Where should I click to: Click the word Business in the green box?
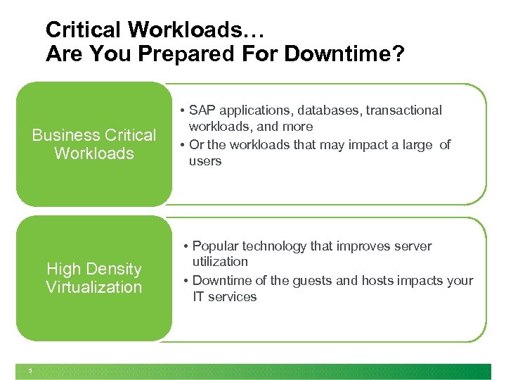(x=66, y=135)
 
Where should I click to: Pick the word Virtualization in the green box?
(x=94, y=287)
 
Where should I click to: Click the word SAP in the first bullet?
(x=202, y=110)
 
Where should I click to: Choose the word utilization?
(x=221, y=262)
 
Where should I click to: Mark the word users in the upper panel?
(x=205, y=161)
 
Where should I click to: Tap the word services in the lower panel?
(x=233, y=297)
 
